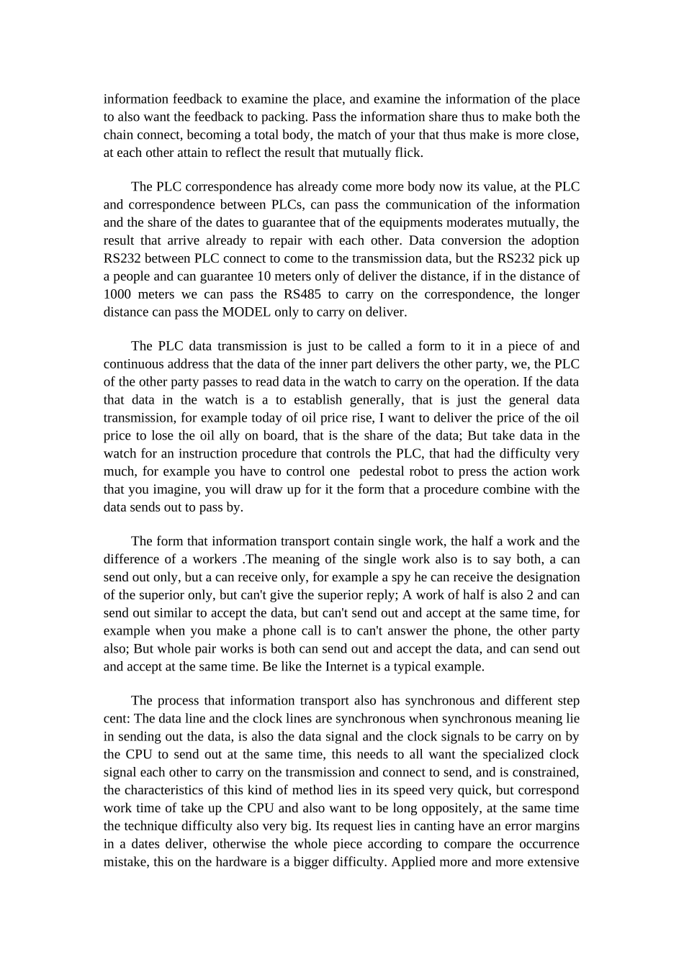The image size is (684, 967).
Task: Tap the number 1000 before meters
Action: (117, 294)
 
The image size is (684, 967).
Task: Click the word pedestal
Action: (383, 472)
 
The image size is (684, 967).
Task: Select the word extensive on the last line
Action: (553, 862)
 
